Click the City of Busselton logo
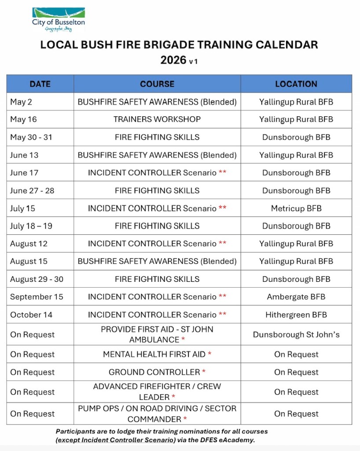(59, 19)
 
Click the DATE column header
(40, 84)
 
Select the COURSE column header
(157, 84)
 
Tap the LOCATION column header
(296, 84)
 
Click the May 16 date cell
(24, 119)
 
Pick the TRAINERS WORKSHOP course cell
(157, 119)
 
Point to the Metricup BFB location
(296, 208)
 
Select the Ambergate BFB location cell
(296, 297)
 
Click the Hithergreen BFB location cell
(296, 314)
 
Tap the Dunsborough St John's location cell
(296, 335)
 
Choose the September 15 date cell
(37, 297)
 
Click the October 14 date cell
(31, 314)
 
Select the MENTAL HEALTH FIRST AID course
(154, 355)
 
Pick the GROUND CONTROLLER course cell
(154, 372)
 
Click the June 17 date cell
(24, 173)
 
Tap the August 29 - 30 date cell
(37, 279)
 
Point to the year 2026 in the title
(173, 60)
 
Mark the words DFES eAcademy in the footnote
(230, 440)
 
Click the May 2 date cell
(21, 102)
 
